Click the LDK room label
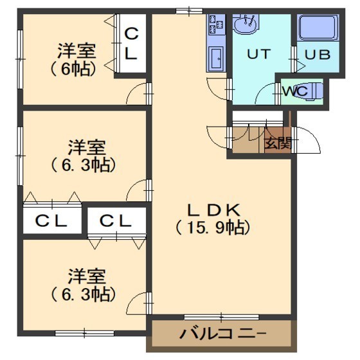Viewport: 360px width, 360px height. click(x=213, y=210)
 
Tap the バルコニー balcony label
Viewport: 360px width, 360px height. click(x=222, y=334)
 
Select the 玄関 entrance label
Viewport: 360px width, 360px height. click(x=278, y=143)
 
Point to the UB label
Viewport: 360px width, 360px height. click(x=318, y=55)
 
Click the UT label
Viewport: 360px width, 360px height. click(x=258, y=54)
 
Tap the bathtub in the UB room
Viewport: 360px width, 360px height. click(x=318, y=28)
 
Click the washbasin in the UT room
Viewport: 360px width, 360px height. click(x=246, y=24)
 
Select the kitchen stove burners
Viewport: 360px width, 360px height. click(x=217, y=24)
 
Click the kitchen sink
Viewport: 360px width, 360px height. click(x=217, y=58)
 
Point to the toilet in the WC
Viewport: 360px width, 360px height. click(x=312, y=91)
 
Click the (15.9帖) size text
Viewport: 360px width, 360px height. click(x=213, y=228)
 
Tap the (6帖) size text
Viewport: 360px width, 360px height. click(x=73, y=69)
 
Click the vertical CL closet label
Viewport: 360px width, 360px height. click(x=131, y=44)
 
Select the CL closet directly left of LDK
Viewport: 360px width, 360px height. click(x=116, y=221)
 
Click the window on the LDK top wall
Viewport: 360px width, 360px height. click(x=190, y=11)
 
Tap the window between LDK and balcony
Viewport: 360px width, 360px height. click(x=222, y=318)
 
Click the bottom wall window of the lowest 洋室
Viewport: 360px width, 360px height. click(x=84, y=334)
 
